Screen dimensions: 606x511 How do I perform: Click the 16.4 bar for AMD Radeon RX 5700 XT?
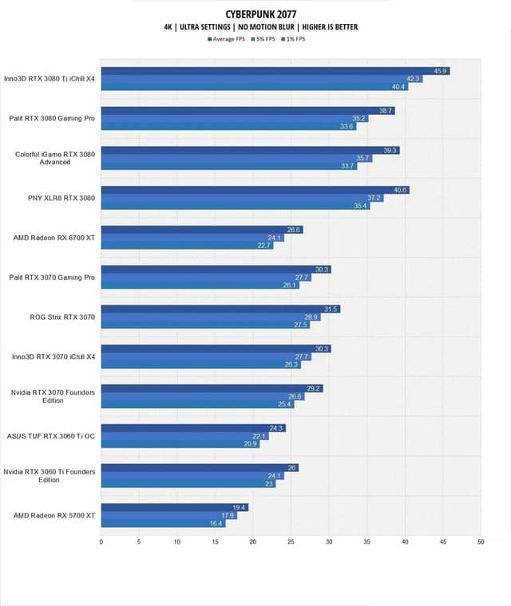tap(163, 523)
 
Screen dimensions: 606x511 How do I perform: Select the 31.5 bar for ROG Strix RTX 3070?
tap(220, 309)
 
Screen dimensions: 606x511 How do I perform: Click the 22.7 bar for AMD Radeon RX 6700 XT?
tap(187, 246)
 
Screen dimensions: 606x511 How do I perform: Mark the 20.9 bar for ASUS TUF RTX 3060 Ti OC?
tap(180, 444)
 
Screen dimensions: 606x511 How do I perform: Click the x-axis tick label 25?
tap(291, 542)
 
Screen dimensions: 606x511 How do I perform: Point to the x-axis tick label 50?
tap(481, 542)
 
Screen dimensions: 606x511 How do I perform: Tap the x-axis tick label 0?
tap(101, 542)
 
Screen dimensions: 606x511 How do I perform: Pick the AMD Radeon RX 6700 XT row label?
tap(54, 238)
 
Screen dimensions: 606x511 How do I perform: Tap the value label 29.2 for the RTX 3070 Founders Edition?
tap(314, 388)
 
